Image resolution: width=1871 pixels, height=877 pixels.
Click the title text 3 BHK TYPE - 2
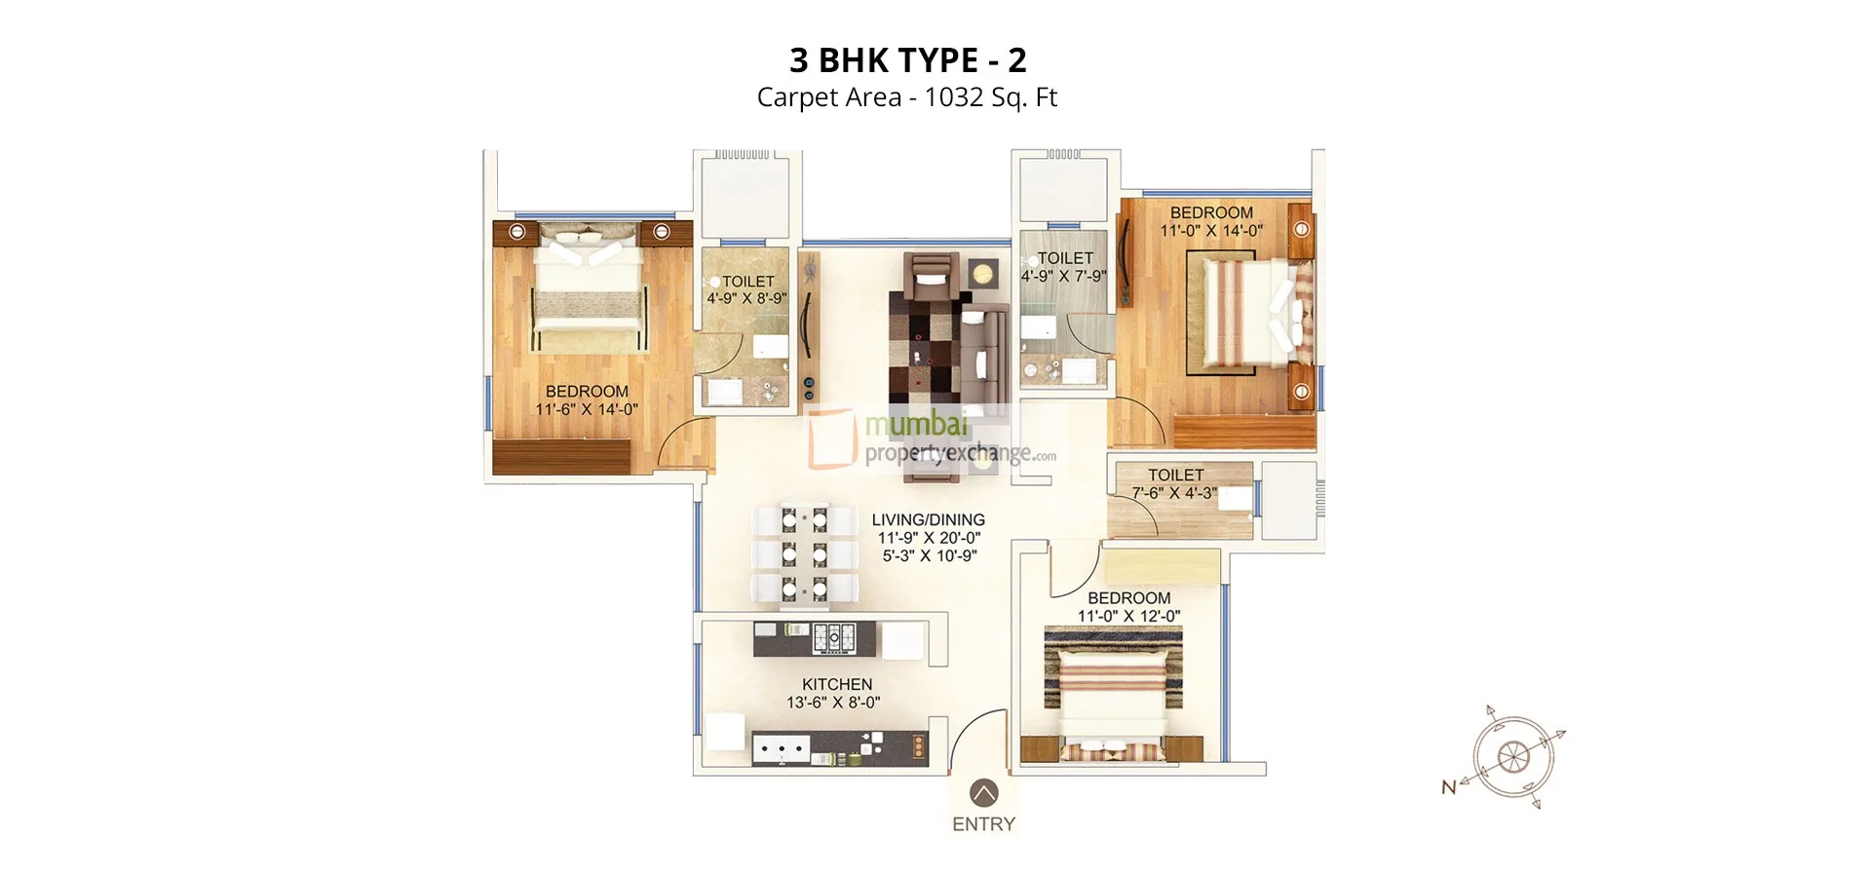pyautogui.click(x=907, y=60)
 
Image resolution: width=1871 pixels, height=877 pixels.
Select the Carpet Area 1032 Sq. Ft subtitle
pyautogui.click(x=906, y=97)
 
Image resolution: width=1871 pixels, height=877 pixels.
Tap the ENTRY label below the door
pyautogui.click(x=983, y=824)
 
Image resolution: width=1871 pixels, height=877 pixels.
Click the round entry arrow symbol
pyautogui.click(x=984, y=792)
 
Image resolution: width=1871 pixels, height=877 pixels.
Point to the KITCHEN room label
pyautogui.click(x=837, y=684)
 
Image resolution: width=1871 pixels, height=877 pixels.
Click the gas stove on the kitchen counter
pyautogui.click(x=834, y=638)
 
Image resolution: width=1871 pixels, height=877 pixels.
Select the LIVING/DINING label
pyautogui.click(x=928, y=520)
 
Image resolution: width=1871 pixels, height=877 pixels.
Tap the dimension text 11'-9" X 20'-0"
pyautogui.click(x=929, y=538)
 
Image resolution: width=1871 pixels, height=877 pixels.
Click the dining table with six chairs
pyautogui.click(x=805, y=553)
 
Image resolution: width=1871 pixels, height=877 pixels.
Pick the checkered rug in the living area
pyautogui.click(x=923, y=351)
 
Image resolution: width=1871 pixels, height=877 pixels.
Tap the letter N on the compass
pyautogui.click(x=1449, y=787)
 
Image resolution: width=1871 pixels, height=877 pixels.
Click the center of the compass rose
pyautogui.click(x=1512, y=756)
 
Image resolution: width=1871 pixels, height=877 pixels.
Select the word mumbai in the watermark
pyautogui.click(x=916, y=425)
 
